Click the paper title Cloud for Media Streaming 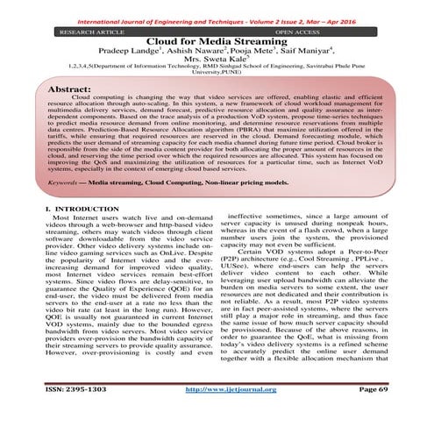(217, 41)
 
